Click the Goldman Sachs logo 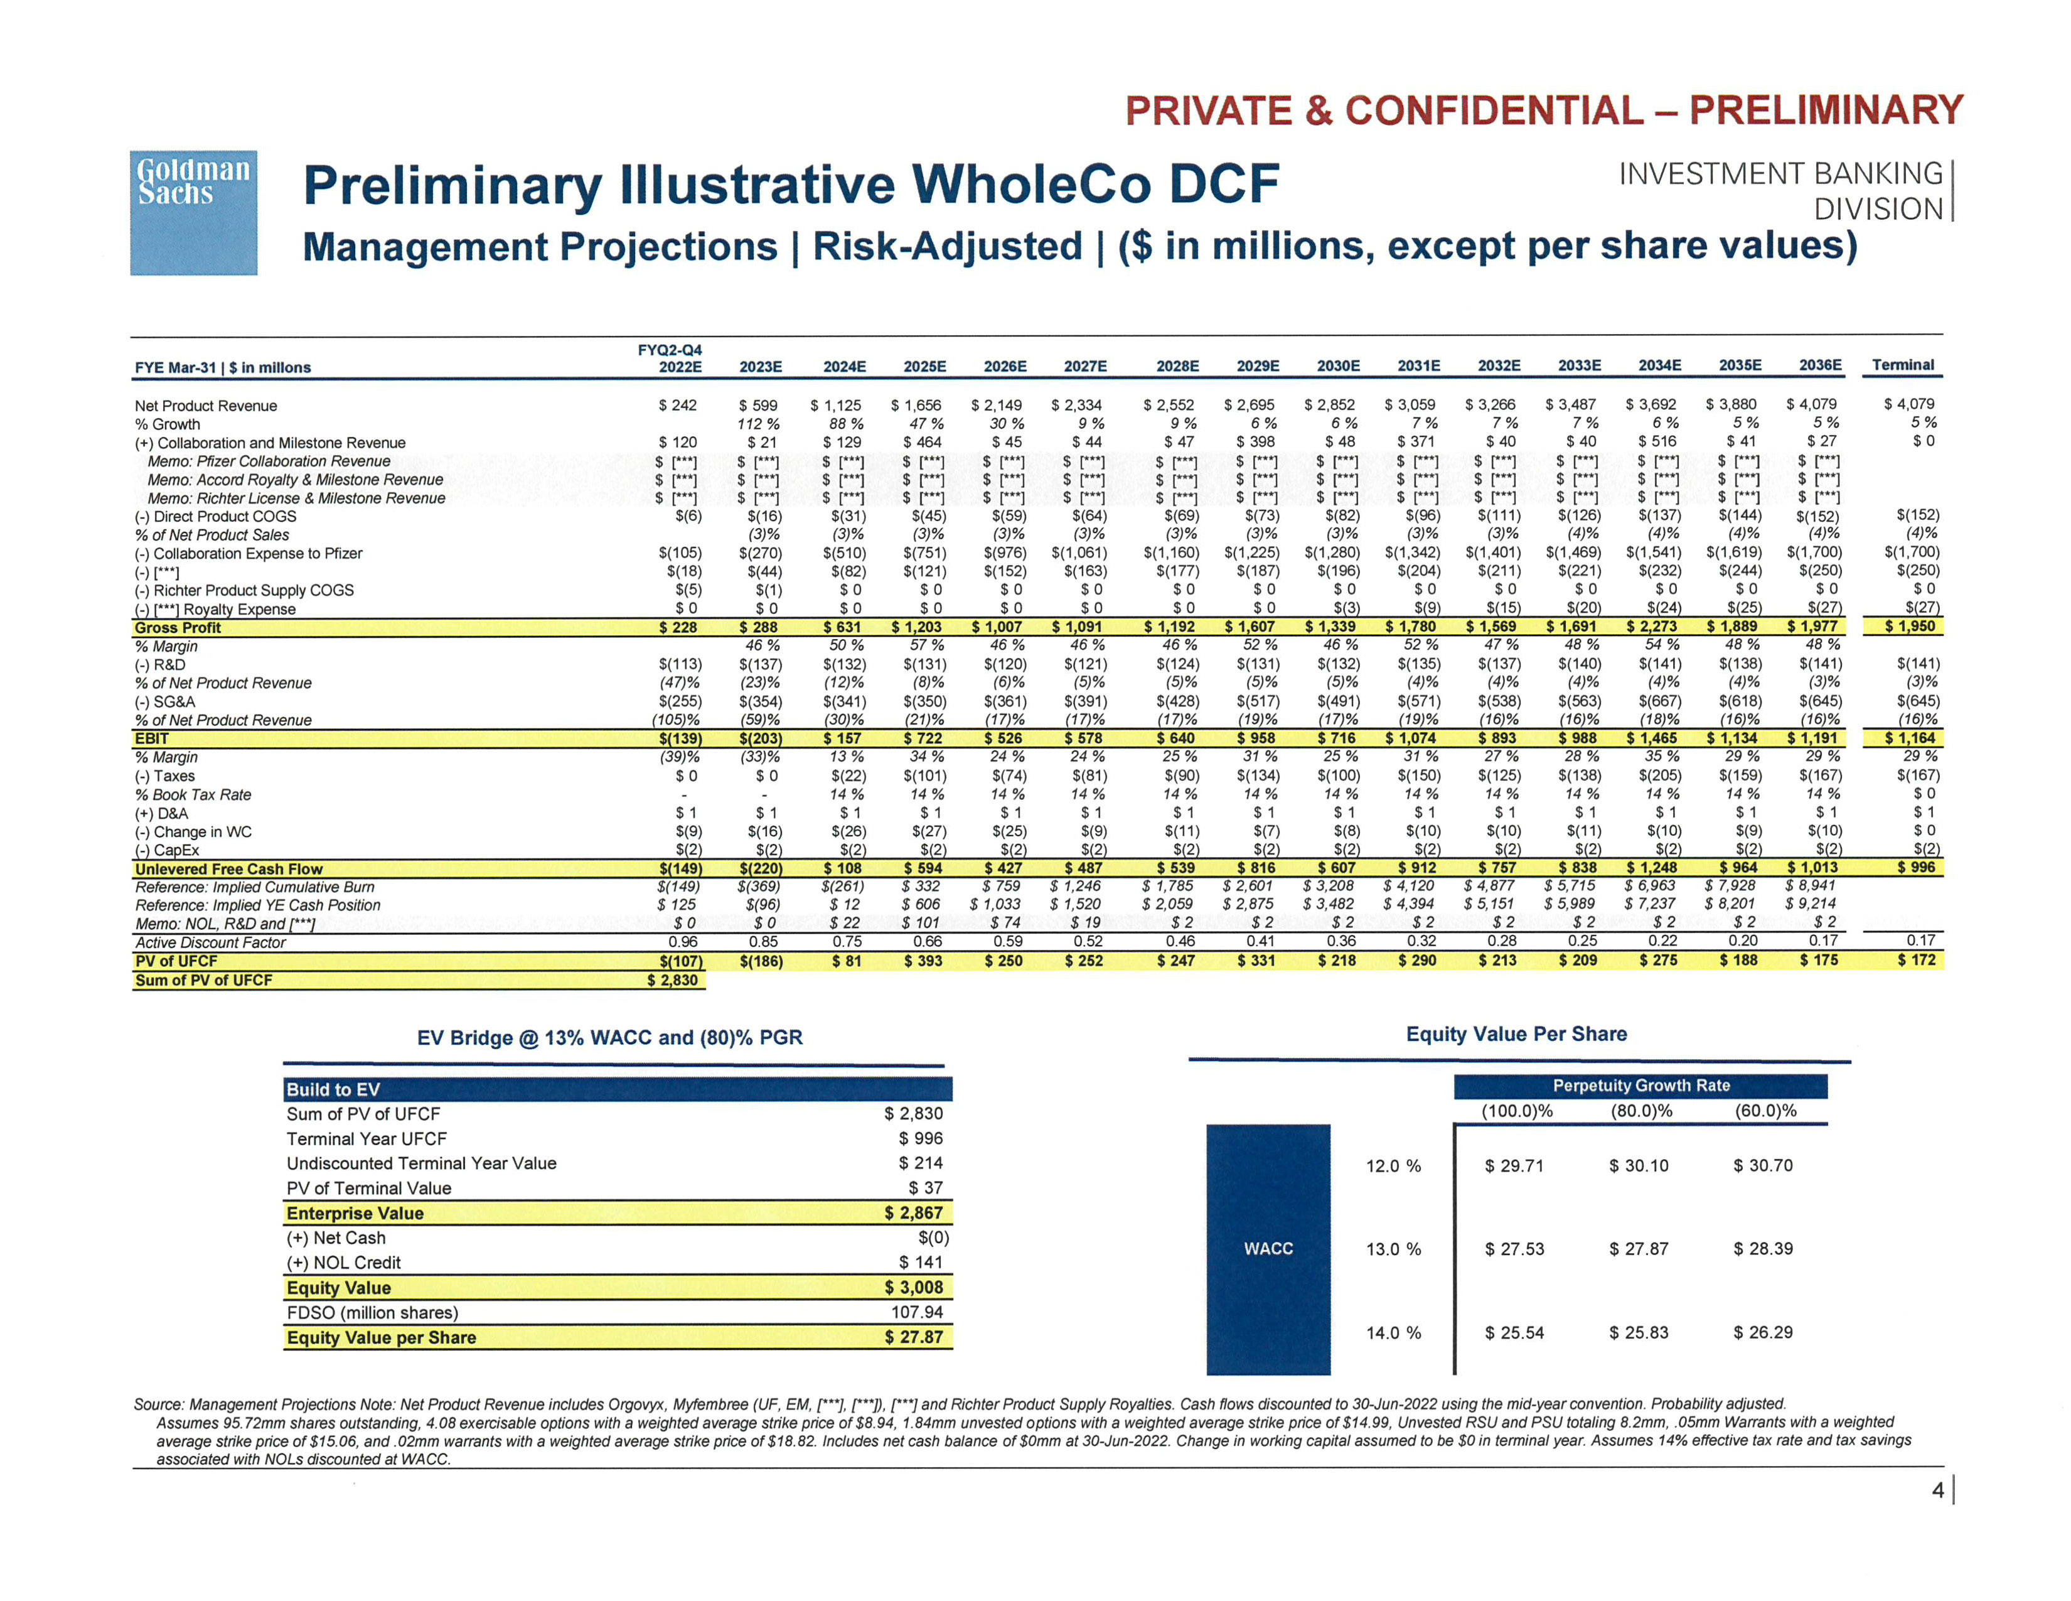click(x=193, y=212)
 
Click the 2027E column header click(x=1085, y=366)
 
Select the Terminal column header click(x=1902, y=365)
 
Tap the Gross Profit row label click(x=178, y=628)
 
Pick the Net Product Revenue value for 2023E click(x=759, y=405)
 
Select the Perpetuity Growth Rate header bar click(x=1640, y=1085)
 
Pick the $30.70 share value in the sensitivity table click(x=1763, y=1166)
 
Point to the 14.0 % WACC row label click(x=1393, y=1332)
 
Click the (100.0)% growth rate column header click(x=1517, y=1111)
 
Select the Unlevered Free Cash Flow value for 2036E click(x=1812, y=868)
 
